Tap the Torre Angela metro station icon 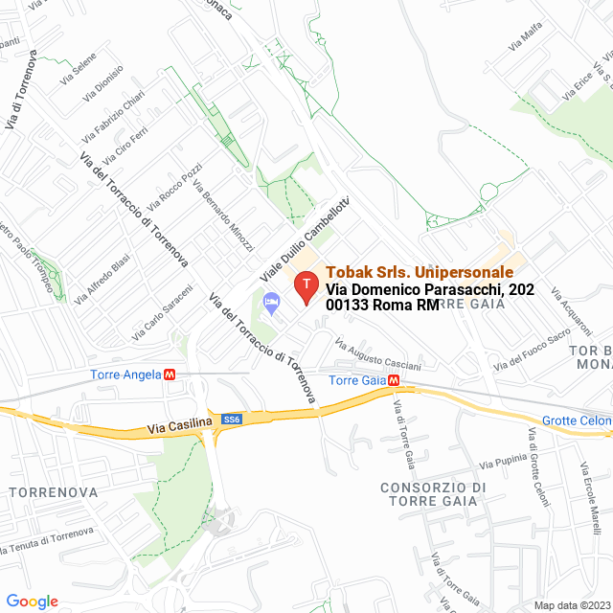pos(170,375)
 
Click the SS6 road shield pos(231,420)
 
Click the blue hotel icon pos(272,304)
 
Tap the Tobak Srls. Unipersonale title pos(420,272)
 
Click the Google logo pos(32,601)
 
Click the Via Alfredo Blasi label pos(102,278)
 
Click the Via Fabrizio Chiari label pos(113,116)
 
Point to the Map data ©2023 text pos(571,604)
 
